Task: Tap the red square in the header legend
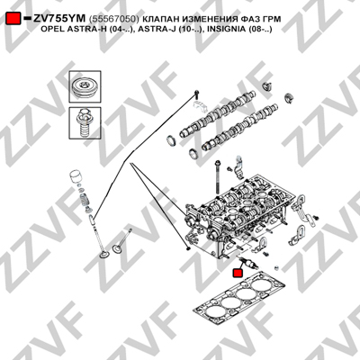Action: (x=13, y=19)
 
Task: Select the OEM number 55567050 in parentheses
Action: (x=113, y=19)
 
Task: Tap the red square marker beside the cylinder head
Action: (x=238, y=273)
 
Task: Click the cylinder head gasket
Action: (x=239, y=299)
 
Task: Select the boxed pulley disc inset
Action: (x=85, y=87)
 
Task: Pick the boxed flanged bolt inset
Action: (x=85, y=122)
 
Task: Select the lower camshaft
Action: (x=239, y=127)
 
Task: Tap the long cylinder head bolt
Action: (x=217, y=177)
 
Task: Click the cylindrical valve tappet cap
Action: (x=75, y=177)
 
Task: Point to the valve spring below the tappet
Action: (x=85, y=200)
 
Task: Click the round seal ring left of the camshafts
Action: (x=172, y=140)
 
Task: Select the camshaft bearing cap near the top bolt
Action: (x=198, y=106)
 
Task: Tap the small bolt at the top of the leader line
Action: (x=196, y=94)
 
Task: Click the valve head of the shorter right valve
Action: (x=116, y=248)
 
